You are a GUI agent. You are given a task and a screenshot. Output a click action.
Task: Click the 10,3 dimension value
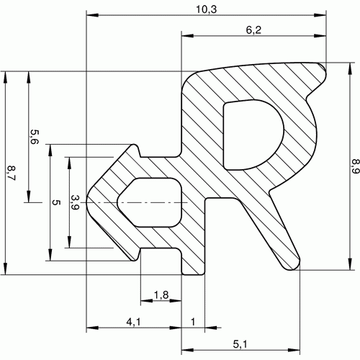tap(207, 9)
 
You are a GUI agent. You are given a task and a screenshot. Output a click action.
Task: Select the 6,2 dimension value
tap(253, 30)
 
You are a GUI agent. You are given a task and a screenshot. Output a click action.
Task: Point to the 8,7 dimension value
tap(11, 173)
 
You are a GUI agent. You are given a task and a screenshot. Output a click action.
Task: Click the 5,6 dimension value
tap(35, 137)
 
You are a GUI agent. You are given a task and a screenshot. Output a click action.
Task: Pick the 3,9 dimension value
tap(75, 202)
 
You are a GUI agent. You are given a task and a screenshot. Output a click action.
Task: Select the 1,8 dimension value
tap(161, 294)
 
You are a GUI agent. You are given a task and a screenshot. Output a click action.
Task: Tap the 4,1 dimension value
tap(134, 322)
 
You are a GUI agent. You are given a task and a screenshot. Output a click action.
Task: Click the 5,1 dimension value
tap(240, 344)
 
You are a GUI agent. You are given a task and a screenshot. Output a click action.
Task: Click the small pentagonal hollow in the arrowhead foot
tap(150, 202)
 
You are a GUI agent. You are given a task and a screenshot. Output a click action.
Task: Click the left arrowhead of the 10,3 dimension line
tap(92, 15)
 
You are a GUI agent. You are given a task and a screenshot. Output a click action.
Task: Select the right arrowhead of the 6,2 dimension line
tap(320, 36)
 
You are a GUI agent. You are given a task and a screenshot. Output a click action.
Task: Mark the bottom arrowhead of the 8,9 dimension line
tap(351, 264)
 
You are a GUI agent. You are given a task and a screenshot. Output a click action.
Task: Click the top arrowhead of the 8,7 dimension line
tap(5, 78)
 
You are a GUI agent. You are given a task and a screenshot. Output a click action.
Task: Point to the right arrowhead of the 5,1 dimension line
tap(294, 350)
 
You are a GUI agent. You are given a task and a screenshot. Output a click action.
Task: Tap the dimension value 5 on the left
tap(56, 202)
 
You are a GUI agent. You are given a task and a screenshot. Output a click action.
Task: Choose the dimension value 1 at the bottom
tap(193, 322)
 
